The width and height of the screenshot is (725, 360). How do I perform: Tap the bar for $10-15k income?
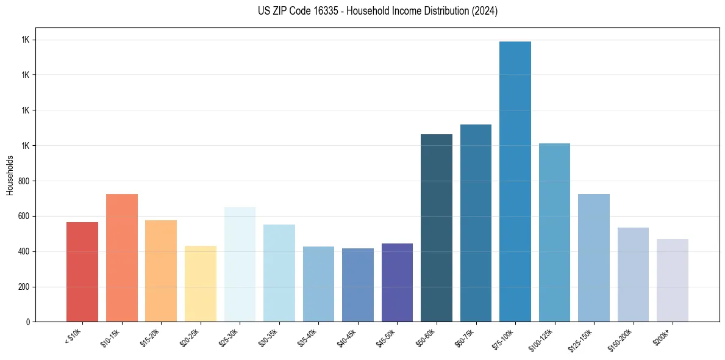(x=122, y=257)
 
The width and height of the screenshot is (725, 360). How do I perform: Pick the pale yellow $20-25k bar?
(x=201, y=284)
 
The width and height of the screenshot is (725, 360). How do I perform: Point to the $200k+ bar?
(x=673, y=280)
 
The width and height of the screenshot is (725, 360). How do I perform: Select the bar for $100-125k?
(x=554, y=232)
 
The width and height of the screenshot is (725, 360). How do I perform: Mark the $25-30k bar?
(x=240, y=264)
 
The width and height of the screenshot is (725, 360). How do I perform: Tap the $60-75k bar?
(x=476, y=223)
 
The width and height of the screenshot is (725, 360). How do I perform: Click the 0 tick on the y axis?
(x=28, y=322)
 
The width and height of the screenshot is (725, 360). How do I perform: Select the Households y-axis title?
(x=10, y=175)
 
